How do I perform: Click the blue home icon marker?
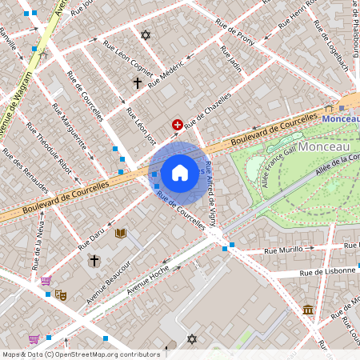(180, 173)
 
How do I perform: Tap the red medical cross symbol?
(177, 125)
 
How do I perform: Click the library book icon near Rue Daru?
(121, 233)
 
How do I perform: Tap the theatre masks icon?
(61, 294)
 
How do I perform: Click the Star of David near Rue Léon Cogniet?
(145, 35)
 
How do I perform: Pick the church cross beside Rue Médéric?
(137, 82)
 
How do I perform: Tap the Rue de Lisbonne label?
(328, 273)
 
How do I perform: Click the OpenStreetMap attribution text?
(81, 354)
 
